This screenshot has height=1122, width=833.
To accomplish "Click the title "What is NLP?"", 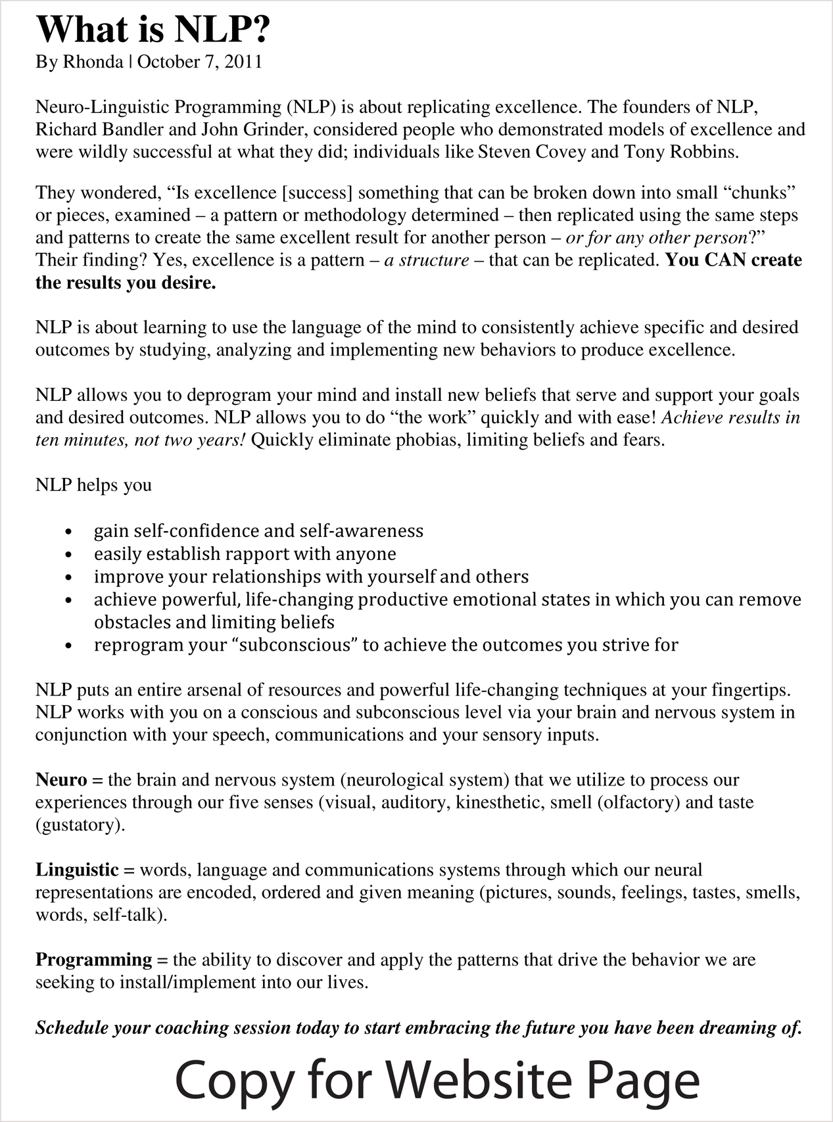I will pos(153,30).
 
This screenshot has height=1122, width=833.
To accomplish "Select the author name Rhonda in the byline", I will pos(93,62).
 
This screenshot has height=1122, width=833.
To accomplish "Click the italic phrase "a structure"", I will pos(427,260).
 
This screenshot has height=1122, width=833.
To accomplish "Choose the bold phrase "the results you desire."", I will pos(126,283).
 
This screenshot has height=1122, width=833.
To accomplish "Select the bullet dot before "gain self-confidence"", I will pos(70,532).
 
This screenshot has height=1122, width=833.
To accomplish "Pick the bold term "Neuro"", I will pos(61,780).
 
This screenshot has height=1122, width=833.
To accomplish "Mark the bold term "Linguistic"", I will pos(77,870).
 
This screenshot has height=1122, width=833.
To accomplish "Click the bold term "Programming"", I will pos(94,960).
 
